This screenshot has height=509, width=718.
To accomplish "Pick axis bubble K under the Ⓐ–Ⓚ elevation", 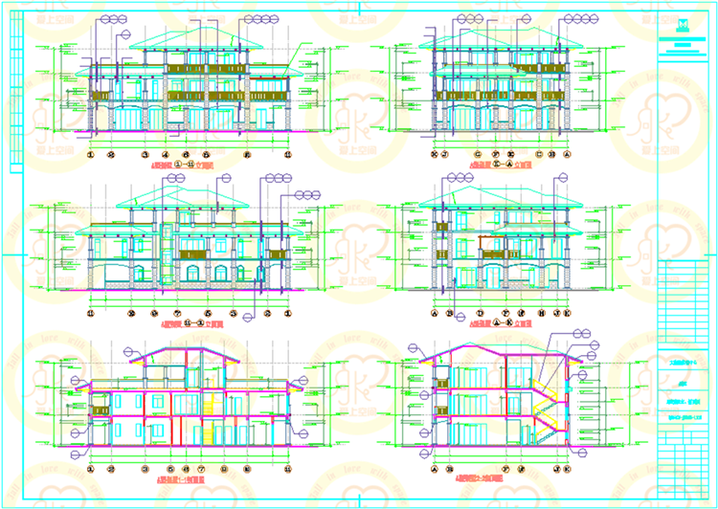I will (566, 313).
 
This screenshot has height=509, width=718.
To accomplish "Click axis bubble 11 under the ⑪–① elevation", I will (92, 313).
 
